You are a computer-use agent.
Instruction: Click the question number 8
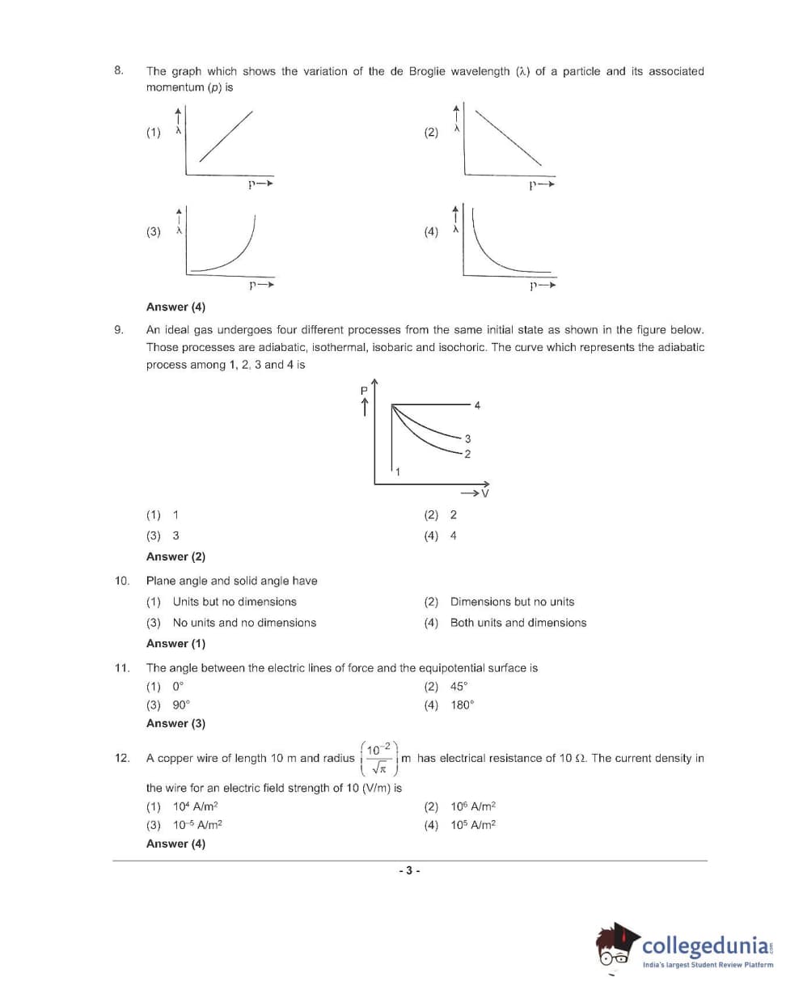119,70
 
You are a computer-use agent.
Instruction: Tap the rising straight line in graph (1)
225,136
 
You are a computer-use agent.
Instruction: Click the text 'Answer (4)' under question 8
175,307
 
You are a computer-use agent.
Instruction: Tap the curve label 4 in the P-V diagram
477,405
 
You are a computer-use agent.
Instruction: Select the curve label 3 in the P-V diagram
467,438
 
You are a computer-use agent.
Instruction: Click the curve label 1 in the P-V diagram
397,472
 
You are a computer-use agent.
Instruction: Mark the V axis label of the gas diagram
485,493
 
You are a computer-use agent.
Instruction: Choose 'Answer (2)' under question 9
175,556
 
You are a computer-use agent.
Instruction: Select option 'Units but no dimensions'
234,602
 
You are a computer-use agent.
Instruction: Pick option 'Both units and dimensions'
518,623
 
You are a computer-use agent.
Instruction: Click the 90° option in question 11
180,705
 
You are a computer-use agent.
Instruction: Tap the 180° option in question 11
462,705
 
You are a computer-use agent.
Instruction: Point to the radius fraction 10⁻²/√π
378,758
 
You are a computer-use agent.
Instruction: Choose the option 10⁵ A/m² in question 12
473,825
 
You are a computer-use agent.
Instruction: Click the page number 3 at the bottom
409,870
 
